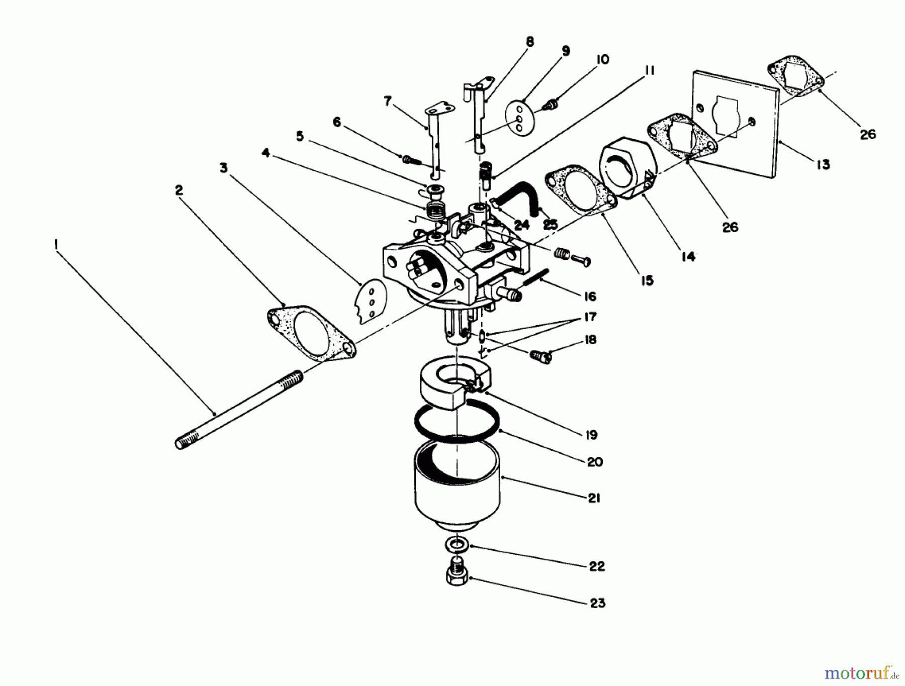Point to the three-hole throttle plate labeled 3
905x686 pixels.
pyautogui.click(x=371, y=301)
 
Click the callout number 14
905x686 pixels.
pyautogui.click(x=688, y=257)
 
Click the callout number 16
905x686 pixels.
pyautogui.click(x=590, y=297)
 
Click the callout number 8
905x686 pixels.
pyautogui.click(x=529, y=42)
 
